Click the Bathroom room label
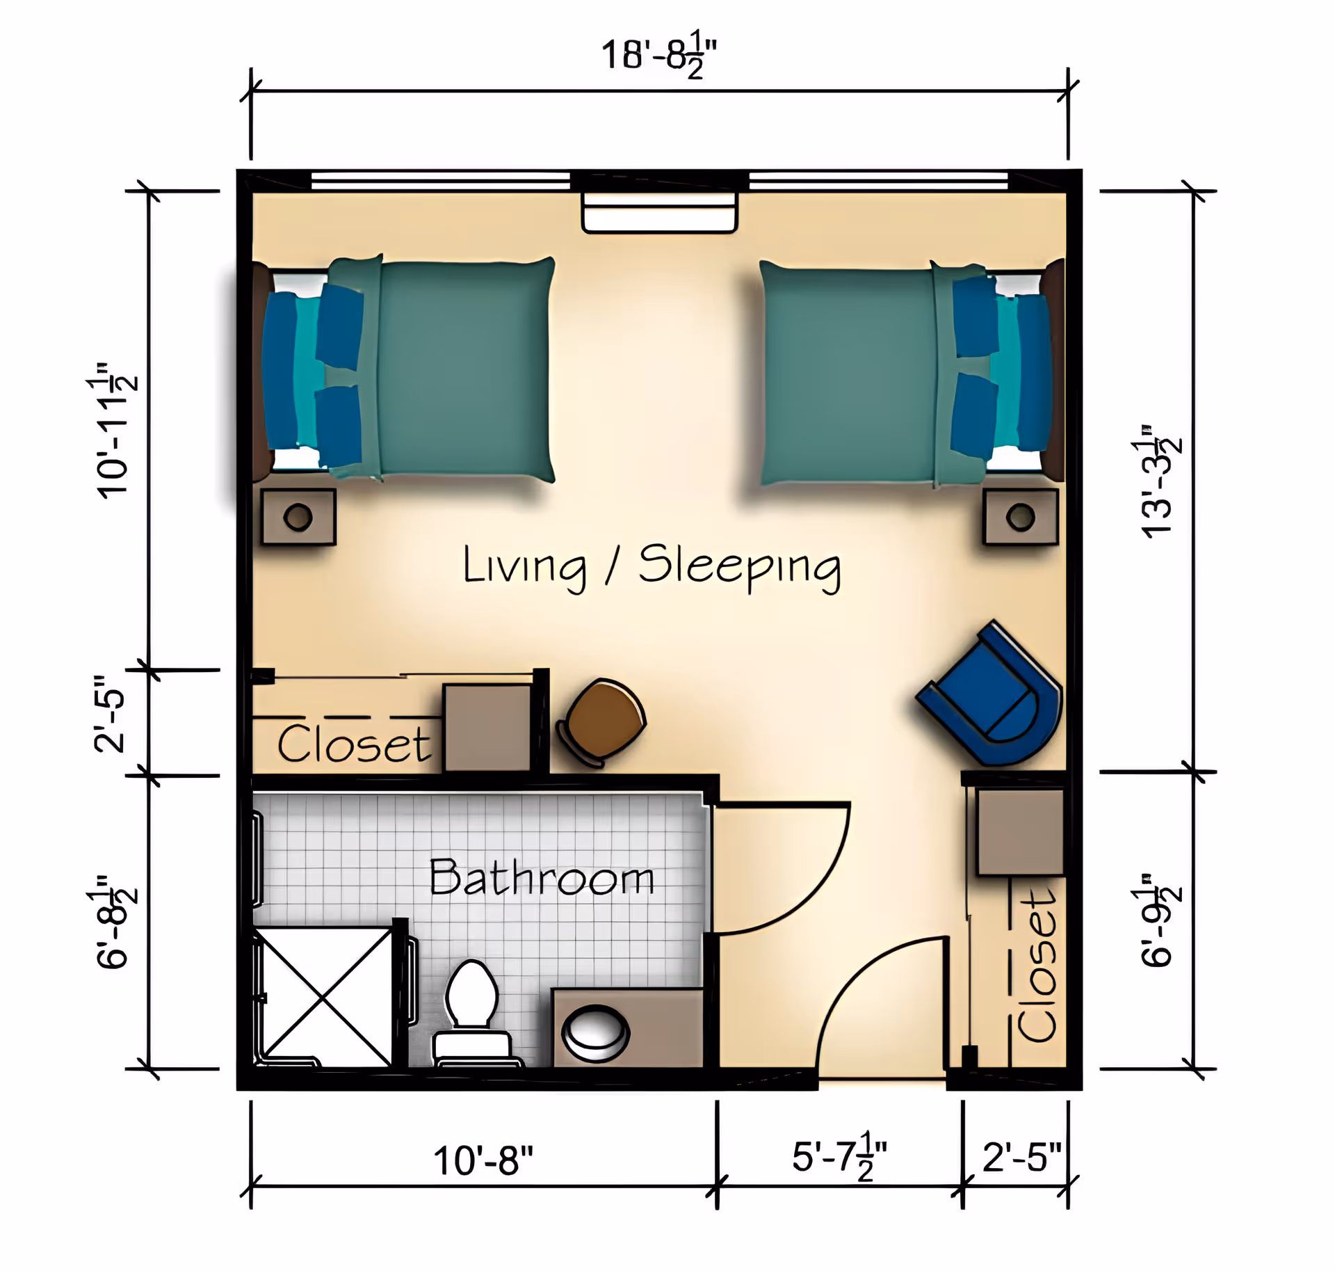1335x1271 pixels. click(x=542, y=878)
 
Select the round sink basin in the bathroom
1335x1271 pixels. click(x=595, y=1033)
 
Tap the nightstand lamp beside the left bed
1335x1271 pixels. click(x=298, y=517)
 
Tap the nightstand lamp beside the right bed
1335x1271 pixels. click(x=1020, y=517)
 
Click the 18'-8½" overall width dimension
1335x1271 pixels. click(x=658, y=56)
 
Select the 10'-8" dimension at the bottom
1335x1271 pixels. click(x=483, y=1161)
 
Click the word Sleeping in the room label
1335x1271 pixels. click(x=739, y=566)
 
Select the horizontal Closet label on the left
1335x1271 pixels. click(x=354, y=744)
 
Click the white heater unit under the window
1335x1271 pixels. click(x=659, y=213)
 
